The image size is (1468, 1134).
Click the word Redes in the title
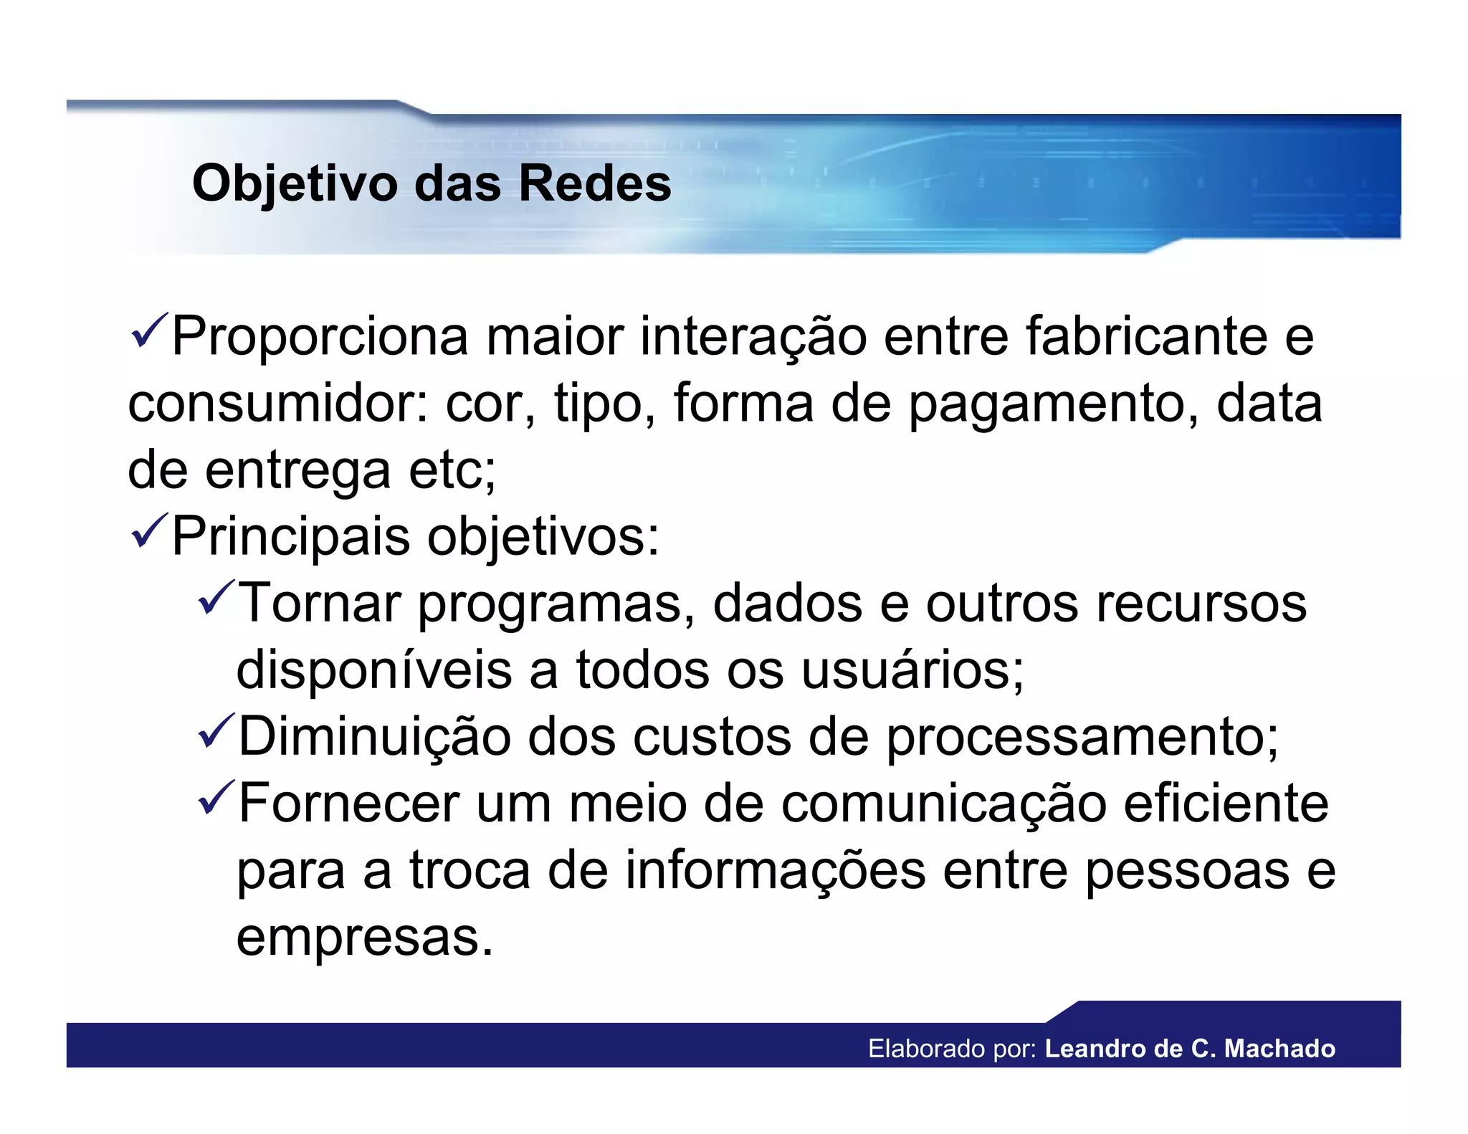594,184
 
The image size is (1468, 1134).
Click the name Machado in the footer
1279,1049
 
